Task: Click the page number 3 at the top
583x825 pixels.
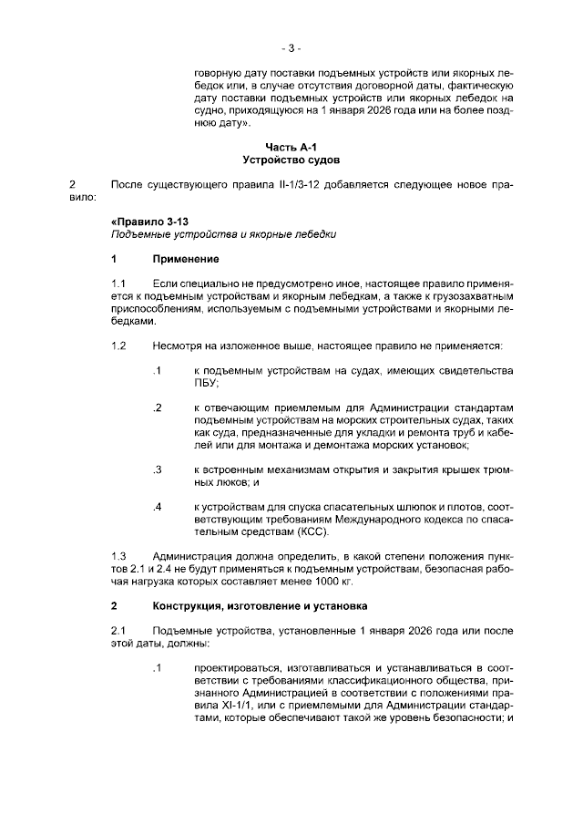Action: click(291, 47)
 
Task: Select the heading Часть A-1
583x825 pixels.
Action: click(291, 146)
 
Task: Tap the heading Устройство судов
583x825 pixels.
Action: click(291, 159)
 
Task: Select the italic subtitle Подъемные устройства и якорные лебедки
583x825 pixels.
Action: click(218, 235)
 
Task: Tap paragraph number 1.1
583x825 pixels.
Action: click(118, 285)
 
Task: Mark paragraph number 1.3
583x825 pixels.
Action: click(118, 556)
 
